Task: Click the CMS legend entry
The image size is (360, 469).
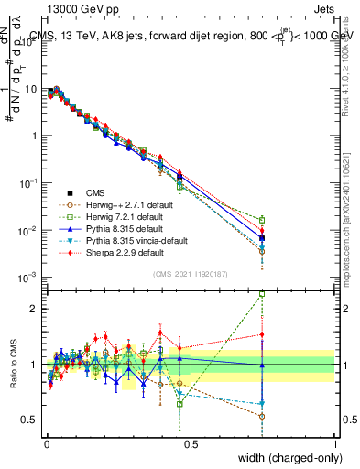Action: (95, 192)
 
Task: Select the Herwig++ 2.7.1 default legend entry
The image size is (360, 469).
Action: (125, 204)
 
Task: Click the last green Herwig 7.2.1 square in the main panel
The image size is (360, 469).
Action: (262, 220)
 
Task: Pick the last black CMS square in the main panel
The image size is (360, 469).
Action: (262, 237)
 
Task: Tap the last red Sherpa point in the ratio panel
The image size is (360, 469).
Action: (262, 334)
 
